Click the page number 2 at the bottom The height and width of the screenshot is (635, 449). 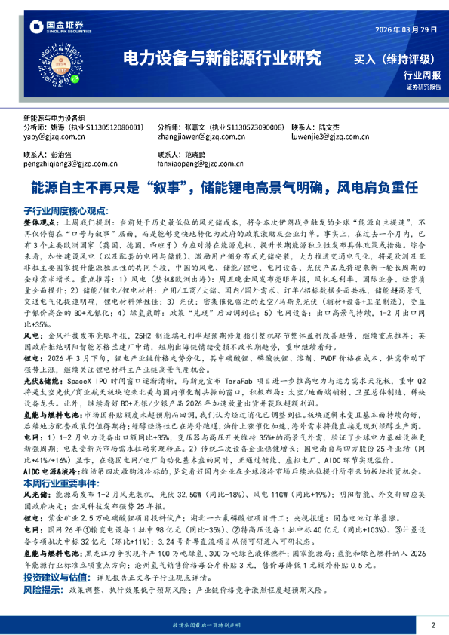click(x=433, y=625)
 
